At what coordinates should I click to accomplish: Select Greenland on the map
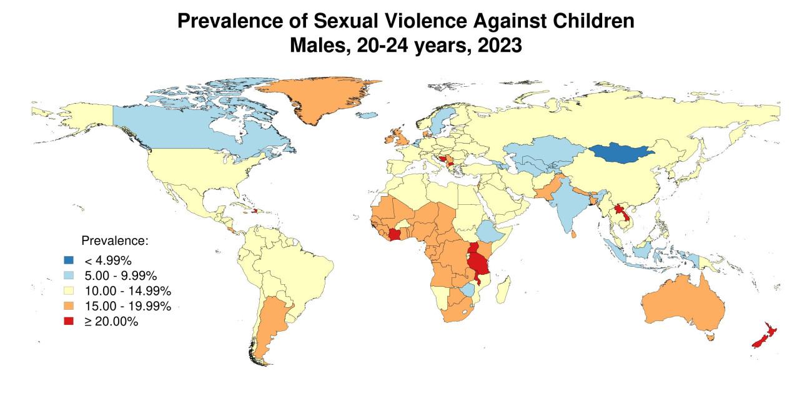coord(319,100)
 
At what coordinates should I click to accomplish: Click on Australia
coord(684,306)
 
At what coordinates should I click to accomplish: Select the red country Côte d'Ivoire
coord(397,235)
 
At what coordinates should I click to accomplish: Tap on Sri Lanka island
coord(573,235)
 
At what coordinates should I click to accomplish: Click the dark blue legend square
coord(69,260)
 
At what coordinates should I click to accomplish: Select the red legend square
coord(69,321)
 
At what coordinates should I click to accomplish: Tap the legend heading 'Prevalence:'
coord(115,240)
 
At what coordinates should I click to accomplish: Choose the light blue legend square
coord(69,275)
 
